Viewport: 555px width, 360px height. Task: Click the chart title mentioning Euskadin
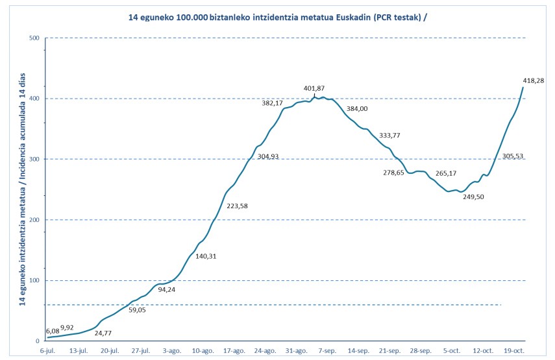point(277,18)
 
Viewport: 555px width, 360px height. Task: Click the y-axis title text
point(22,189)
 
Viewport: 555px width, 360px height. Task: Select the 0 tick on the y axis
point(37,341)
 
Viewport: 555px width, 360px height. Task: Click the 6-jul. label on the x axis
point(48,351)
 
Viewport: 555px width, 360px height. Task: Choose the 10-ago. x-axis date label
point(203,351)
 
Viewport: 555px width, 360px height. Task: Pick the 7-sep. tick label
point(327,351)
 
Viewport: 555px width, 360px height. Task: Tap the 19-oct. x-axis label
point(514,351)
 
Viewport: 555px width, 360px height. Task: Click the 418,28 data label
point(534,80)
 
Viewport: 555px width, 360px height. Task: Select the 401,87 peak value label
point(314,88)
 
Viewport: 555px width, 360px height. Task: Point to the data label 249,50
point(473,197)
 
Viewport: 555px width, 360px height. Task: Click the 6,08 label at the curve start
point(53,331)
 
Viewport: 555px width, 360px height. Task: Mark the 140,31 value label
point(206,256)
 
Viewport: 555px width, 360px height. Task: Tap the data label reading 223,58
point(237,206)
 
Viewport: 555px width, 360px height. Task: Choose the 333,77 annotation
point(389,136)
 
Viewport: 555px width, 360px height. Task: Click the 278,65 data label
point(393,173)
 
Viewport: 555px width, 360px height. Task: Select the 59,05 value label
point(137,310)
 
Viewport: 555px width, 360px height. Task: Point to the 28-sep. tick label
point(421,351)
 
